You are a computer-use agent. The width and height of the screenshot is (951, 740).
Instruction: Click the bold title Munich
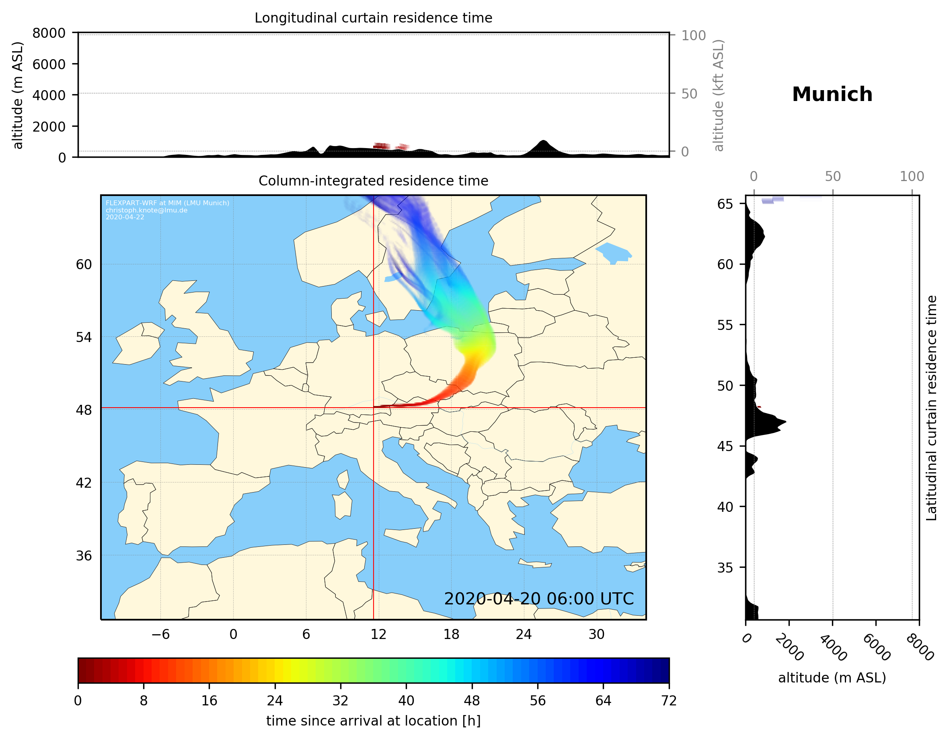tap(832, 95)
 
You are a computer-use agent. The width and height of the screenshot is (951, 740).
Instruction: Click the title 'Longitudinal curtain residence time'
tap(373, 18)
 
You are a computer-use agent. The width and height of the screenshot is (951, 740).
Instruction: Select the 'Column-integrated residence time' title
tap(373, 181)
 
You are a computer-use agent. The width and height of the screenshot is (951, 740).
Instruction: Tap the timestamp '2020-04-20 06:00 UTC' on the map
tap(539, 599)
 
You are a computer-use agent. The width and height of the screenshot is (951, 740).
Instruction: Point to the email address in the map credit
tap(146, 210)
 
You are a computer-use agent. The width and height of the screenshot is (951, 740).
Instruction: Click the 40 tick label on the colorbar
tap(406, 701)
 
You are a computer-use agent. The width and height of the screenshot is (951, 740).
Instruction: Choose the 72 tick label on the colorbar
tap(668, 701)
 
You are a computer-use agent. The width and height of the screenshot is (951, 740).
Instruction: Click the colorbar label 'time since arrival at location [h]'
tap(373, 721)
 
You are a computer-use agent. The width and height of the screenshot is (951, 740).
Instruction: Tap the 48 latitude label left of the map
tap(84, 410)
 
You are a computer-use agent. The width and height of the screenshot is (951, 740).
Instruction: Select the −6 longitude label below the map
tap(160, 634)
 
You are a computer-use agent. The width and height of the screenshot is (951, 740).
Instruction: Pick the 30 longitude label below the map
tap(596, 634)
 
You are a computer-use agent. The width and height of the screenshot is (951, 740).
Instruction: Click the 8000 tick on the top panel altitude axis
tap(49, 33)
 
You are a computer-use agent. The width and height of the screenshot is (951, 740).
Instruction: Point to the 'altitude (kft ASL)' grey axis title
tap(719, 95)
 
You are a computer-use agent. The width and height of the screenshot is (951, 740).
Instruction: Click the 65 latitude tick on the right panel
tap(725, 204)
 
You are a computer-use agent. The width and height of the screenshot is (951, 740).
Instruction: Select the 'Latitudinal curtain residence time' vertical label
tap(931, 408)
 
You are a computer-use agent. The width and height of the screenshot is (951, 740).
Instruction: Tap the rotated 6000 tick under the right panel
tap(876, 647)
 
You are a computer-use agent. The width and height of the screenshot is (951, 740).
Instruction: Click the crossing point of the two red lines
tap(374, 408)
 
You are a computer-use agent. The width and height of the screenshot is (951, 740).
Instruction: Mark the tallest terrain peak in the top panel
tap(542, 141)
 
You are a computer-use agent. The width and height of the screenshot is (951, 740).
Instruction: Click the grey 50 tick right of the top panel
tap(689, 94)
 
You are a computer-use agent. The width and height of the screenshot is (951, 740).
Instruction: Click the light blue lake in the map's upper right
tap(613, 252)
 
